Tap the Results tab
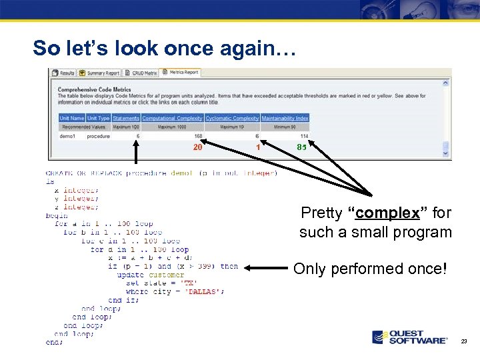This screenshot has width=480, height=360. click(x=64, y=73)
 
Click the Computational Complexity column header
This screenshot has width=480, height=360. click(x=172, y=119)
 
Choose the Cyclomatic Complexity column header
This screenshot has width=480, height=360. click(x=231, y=119)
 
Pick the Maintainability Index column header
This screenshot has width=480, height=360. click(x=285, y=119)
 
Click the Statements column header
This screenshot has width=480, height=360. click(x=126, y=119)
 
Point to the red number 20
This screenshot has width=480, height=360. click(x=197, y=147)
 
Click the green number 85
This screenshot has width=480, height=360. click(x=301, y=147)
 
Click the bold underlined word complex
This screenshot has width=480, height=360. click(x=387, y=213)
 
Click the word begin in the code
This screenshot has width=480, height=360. click(x=57, y=215)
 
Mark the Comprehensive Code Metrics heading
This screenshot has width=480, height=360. click(x=94, y=89)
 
